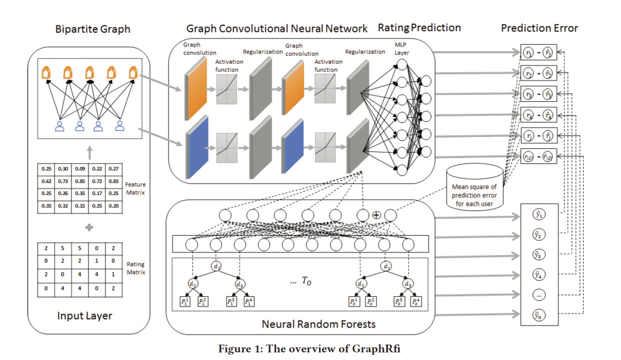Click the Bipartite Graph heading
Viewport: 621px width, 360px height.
[x=93, y=28]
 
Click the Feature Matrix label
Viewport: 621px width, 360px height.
[x=136, y=188]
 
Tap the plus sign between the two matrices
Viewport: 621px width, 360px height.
[x=89, y=227]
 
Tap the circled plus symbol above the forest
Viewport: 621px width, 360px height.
[x=377, y=215]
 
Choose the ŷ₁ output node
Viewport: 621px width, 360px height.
[x=538, y=215]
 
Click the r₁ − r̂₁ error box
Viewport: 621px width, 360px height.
[x=538, y=52]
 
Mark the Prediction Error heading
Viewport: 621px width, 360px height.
[x=539, y=28]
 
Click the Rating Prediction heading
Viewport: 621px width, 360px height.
[x=419, y=28]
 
